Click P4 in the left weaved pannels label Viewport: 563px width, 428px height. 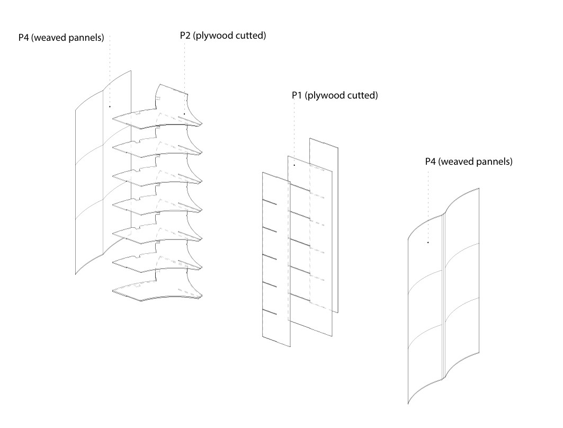24,38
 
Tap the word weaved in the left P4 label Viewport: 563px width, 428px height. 51,38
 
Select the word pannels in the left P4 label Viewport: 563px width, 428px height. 86,38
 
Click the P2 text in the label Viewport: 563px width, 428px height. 186,36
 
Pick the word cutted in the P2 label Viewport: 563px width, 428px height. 250,36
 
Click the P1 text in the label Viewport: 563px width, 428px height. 298,96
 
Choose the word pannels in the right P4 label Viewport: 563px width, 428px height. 495,162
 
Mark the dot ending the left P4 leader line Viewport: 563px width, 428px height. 110,106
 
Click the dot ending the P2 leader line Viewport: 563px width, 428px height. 184,113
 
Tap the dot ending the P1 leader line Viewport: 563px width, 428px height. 294,165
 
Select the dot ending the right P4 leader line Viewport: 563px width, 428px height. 428,243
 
